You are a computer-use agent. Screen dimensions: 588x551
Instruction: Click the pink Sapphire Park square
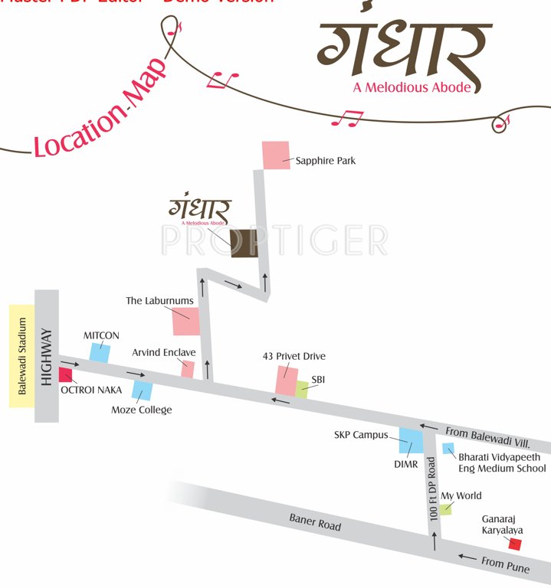point(275,155)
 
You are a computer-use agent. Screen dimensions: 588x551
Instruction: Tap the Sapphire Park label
point(326,161)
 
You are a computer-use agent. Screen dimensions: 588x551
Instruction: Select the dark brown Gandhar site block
point(245,243)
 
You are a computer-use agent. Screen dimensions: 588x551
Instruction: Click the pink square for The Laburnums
point(185,321)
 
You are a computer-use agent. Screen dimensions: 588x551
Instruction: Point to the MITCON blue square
point(100,352)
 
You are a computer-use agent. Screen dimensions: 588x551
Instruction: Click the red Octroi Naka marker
point(65,375)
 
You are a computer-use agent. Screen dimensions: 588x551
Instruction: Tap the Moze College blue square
point(142,390)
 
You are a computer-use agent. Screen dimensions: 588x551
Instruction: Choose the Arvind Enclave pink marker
point(188,369)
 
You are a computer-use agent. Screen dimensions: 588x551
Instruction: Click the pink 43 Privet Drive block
point(287,381)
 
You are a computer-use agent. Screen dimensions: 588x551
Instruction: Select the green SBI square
point(302,389)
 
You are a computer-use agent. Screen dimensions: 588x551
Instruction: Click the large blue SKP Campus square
point(410,441)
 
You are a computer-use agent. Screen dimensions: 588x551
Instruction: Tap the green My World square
point(445,509)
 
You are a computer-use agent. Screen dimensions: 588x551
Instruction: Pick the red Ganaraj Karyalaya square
point(515,544)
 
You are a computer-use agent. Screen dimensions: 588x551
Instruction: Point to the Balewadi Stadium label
point(22,356)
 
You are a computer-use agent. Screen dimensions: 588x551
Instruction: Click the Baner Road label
point(315,522)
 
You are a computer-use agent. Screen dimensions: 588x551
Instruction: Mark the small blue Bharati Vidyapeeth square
point(449,449)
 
